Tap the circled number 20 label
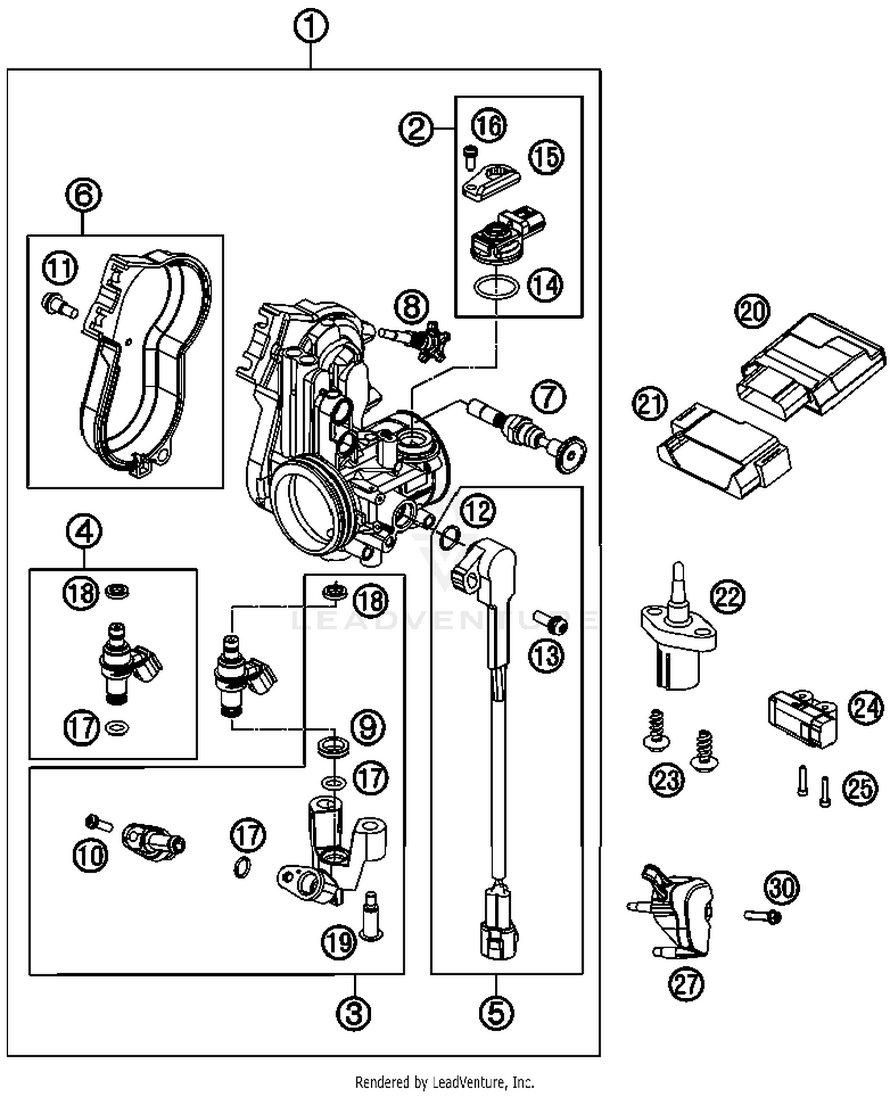pos(752,311)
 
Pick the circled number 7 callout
pos(548,397)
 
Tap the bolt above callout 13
pos(550,623)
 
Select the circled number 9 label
pos(368,727)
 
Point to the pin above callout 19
pos(371,916)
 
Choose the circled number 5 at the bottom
pos(496,1012)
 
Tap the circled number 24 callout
pos(866,708)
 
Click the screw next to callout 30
pos(763,916)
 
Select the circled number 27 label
pos(686,984)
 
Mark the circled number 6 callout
pos(83,195)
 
